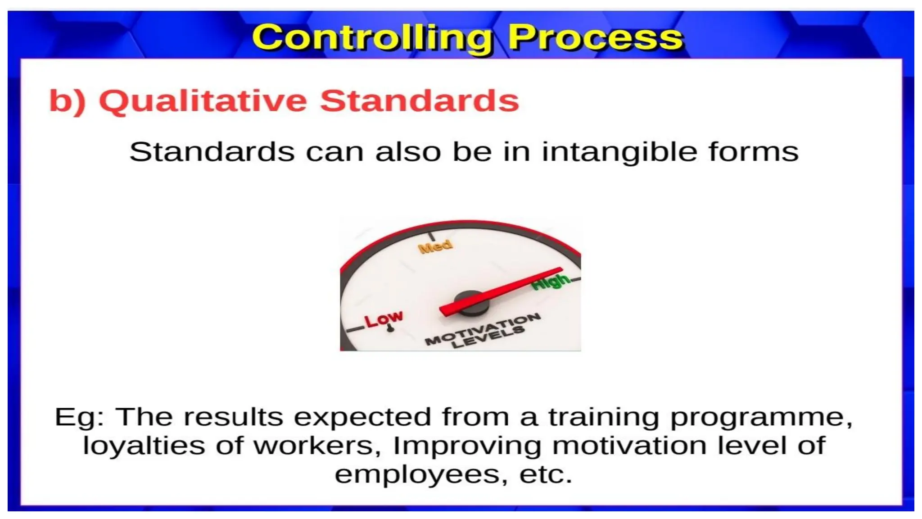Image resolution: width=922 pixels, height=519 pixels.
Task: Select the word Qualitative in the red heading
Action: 203,101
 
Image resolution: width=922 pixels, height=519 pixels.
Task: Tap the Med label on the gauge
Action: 435,246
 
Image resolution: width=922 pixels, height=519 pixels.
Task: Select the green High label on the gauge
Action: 550,281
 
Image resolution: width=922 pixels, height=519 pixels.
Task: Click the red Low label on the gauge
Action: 384,319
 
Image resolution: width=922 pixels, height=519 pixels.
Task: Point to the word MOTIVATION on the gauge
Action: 484,329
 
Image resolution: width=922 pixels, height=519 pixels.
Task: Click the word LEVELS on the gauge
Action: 489,338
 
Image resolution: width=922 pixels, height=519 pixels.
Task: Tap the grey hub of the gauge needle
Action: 471,303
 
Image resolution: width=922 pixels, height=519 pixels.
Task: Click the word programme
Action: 761,417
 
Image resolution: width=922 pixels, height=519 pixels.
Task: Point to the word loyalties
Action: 144,446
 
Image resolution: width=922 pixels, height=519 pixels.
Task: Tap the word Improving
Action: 467,446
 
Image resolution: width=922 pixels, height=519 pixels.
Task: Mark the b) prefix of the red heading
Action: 67,101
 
